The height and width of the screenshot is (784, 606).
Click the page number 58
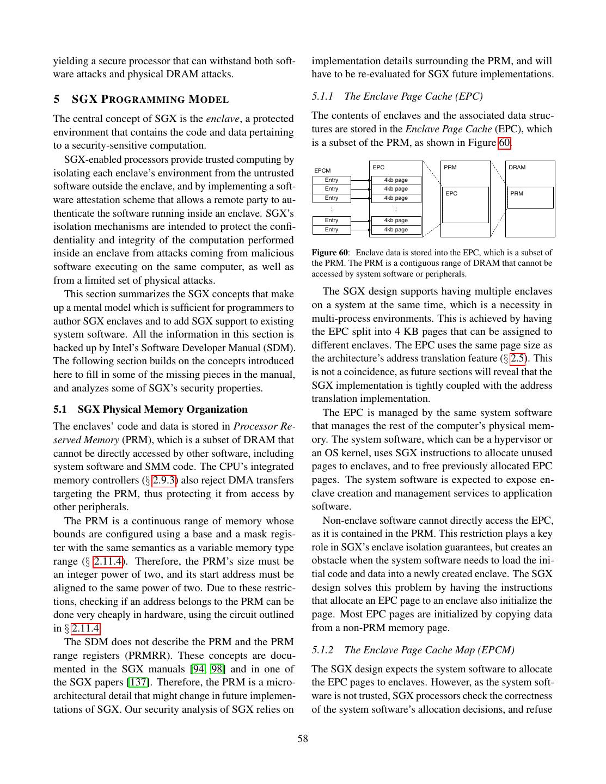(x=303, y=739)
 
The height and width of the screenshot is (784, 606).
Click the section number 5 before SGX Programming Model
(x=56, y=99)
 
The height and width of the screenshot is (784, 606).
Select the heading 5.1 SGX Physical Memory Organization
(x=150, y=409)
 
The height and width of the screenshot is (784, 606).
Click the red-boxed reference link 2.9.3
(x=164, y=480)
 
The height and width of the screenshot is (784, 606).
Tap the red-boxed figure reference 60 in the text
(x=505, y=143)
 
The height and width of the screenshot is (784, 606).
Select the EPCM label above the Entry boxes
(x=322, y=171)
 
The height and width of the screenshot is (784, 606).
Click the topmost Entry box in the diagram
(x=332, y=180)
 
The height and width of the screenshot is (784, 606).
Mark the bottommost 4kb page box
(x=396, y=230)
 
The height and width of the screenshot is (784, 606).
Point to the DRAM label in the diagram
(x=517, y=167)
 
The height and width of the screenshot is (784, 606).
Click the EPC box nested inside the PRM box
(x=465, y=205)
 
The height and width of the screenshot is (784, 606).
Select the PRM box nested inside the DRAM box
(x=530, y=197)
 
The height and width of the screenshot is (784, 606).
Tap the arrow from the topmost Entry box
(x=360, y=180)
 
